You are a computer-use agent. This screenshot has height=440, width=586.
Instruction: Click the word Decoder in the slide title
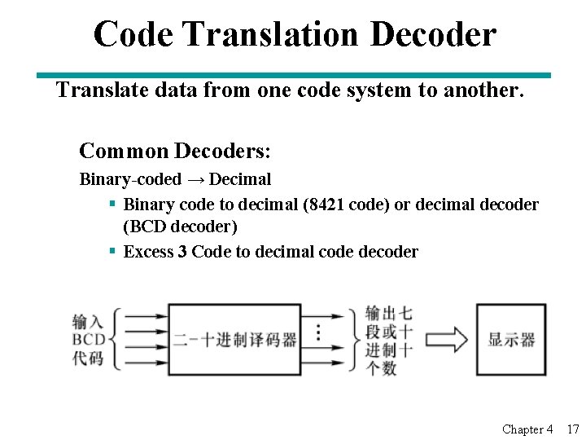[432, 34]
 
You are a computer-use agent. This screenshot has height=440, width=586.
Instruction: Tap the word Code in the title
[133, 34]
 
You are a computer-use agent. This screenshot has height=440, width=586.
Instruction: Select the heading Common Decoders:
[175, 151]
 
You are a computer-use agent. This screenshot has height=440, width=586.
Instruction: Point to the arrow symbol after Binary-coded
[195, 179]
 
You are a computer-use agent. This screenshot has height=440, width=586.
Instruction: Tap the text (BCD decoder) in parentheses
[180, 227]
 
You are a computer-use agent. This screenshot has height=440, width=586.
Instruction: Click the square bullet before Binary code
[113, 205]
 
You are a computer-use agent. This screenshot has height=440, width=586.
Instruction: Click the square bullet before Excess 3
[113, 252]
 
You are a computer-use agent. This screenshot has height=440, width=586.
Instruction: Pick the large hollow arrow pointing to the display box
[445, 339]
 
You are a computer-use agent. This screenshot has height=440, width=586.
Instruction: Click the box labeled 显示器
[511, 339]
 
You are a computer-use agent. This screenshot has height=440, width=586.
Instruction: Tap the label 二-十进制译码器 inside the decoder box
[235, 339]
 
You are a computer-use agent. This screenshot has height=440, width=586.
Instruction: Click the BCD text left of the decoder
[88, 339]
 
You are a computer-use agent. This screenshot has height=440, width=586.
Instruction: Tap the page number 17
[573, 429]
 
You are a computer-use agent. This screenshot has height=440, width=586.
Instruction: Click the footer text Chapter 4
[527, 429]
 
